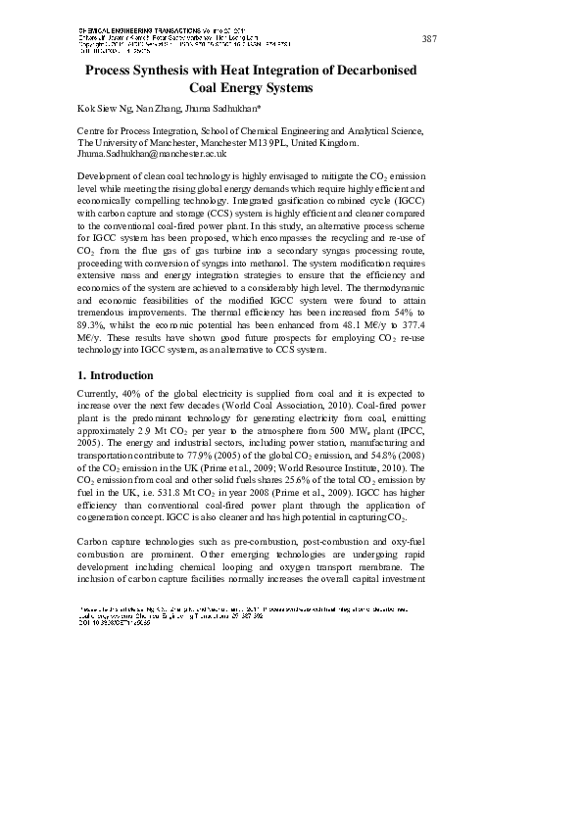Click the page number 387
pyautogui.click(x=428, y=38)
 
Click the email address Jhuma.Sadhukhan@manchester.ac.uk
pyautogui.click(x=151, y=153)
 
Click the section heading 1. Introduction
pyautogui.click(x=115, y=375)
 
